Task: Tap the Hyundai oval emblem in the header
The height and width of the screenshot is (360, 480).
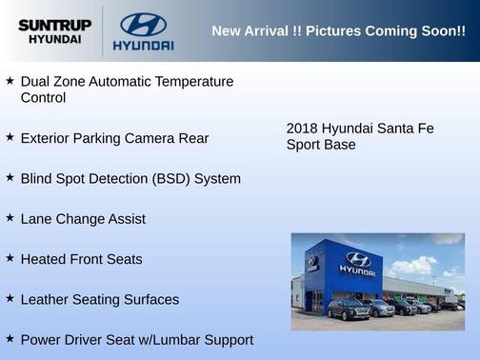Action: (x=143, y=24)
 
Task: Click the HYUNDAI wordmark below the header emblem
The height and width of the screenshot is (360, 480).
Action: (x=143, y=45)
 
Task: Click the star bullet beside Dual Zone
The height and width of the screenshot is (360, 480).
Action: (x=10, y=82)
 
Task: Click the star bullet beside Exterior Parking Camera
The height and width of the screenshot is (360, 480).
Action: (x=10, y=138)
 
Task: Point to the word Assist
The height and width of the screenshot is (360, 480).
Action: (x=125, y=219)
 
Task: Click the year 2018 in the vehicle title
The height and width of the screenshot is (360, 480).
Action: (x=302, y=129)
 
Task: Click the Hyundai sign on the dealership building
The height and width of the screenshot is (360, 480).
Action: (x=357, y=262)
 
